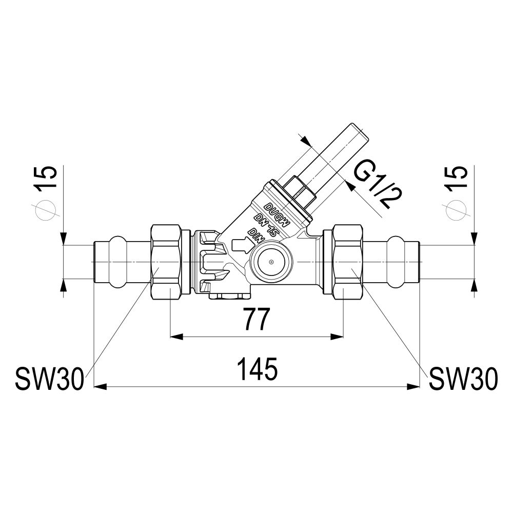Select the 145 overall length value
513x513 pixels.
click(259, 369)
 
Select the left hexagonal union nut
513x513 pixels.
click(166, 262)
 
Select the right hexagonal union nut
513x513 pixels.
click(348, 262)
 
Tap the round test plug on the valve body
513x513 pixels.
click(271, 262)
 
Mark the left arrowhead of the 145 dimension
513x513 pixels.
click(101, 387)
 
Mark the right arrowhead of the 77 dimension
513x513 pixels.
click(338, 337)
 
